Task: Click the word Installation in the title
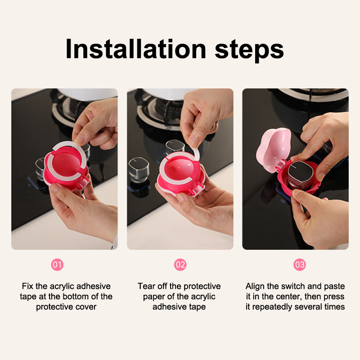tap(136, 49)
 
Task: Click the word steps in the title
tap(249, 51)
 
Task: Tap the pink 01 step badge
tap(57, 265)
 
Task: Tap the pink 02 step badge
tap(180, 265)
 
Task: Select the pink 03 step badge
tap(300, 265)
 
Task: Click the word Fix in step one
tap(27, 286)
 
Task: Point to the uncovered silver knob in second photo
tap(139, 169)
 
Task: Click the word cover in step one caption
tap(87, 307)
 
